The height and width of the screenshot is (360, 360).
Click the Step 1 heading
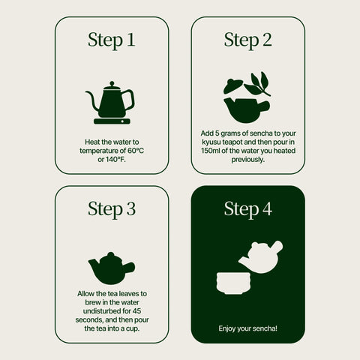[x=112, y=40]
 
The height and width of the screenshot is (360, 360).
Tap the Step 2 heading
[x=247, y=40]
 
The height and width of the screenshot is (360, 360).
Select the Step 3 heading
[x=112, y=209]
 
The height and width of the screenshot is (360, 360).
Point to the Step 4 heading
[x=247, y=209]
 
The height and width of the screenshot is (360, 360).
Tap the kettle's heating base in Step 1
[x=112, y=121]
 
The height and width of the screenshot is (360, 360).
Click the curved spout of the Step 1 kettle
[x=92, y=100]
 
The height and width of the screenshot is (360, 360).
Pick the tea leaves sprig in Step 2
[x=257, y=84]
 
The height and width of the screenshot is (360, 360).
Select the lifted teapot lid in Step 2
[x=232, y=85]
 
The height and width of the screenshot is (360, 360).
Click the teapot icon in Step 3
[x=112, y=268]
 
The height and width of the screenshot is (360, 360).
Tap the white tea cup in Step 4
[x=233, y=283]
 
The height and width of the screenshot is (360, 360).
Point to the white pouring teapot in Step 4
[x=261, y=257]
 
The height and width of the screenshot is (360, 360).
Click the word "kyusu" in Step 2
[x=211, y=142]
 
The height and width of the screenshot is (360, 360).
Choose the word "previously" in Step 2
[x=247, y=160]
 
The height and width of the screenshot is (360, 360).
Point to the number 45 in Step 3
[x=137, y=311]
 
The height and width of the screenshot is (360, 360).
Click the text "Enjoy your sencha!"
[x=247, y=328]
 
